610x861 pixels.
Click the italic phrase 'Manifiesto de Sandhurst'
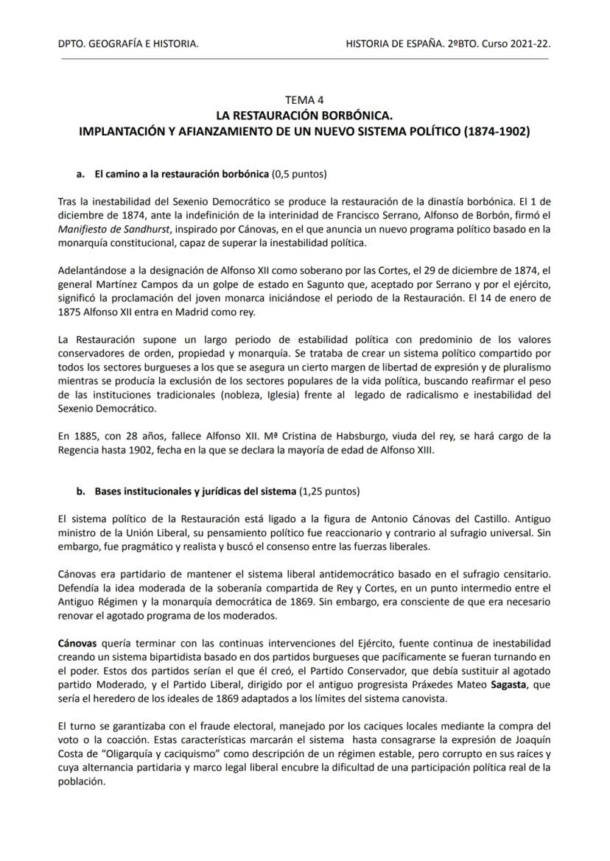tap(111, 228)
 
